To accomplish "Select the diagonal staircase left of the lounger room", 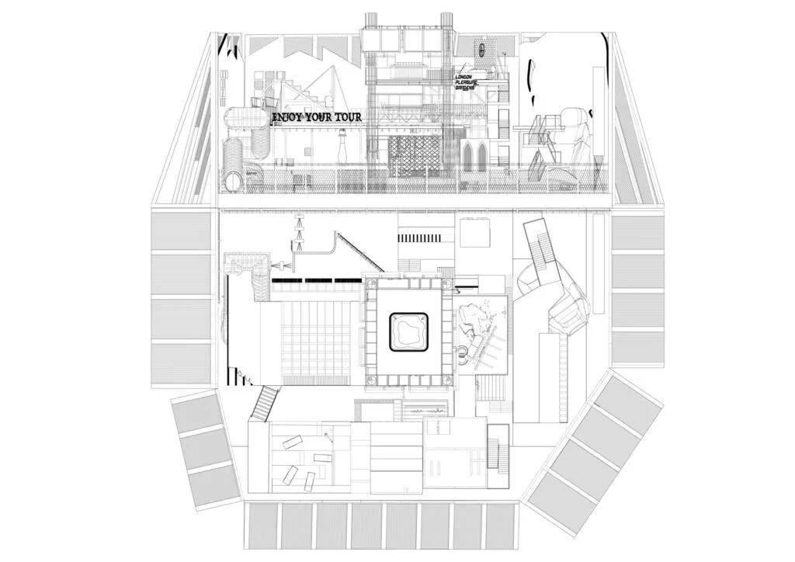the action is pos(266,404).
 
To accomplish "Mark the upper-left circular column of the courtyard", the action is pos(372,286).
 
